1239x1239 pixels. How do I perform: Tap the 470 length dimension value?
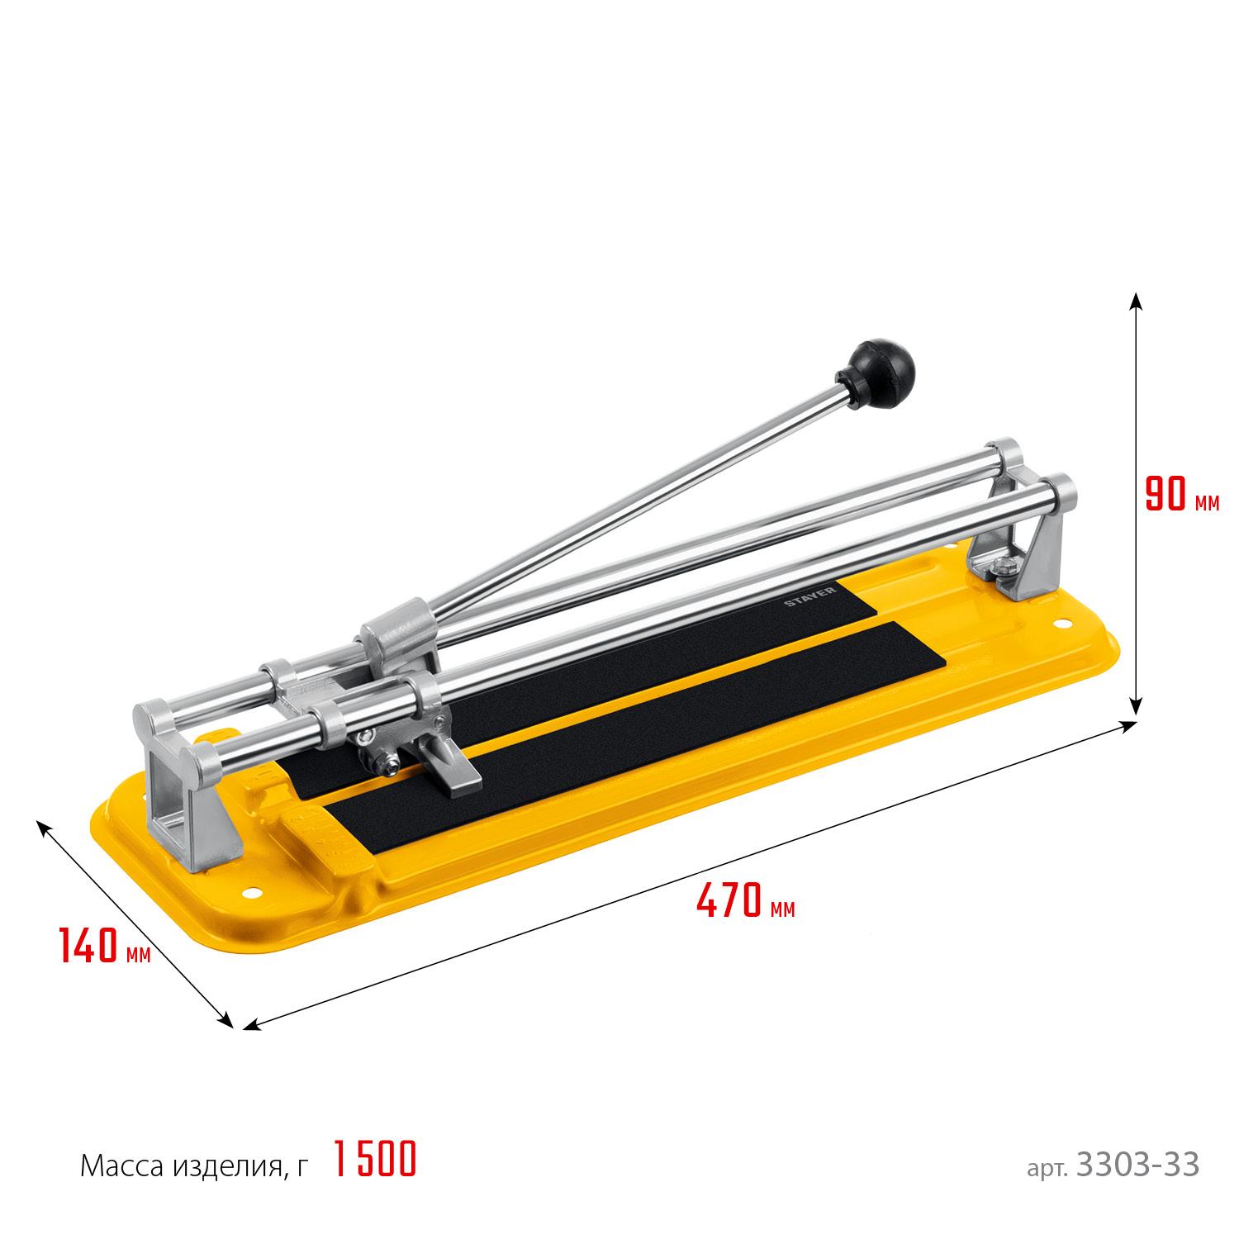[728, 900]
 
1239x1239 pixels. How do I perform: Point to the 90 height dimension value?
[1165, 493]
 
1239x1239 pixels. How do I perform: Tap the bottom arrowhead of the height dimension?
[1136, 703]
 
